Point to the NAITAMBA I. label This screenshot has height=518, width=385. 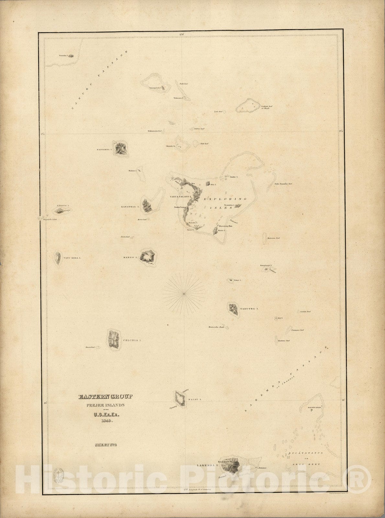(x=104, y=150)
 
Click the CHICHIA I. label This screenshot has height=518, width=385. (x=132, y=340)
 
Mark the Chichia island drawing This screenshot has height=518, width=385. (x=113, y=340)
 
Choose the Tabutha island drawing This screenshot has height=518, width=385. (x=233, y=309)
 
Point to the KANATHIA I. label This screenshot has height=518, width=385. (x=130, y=206)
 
